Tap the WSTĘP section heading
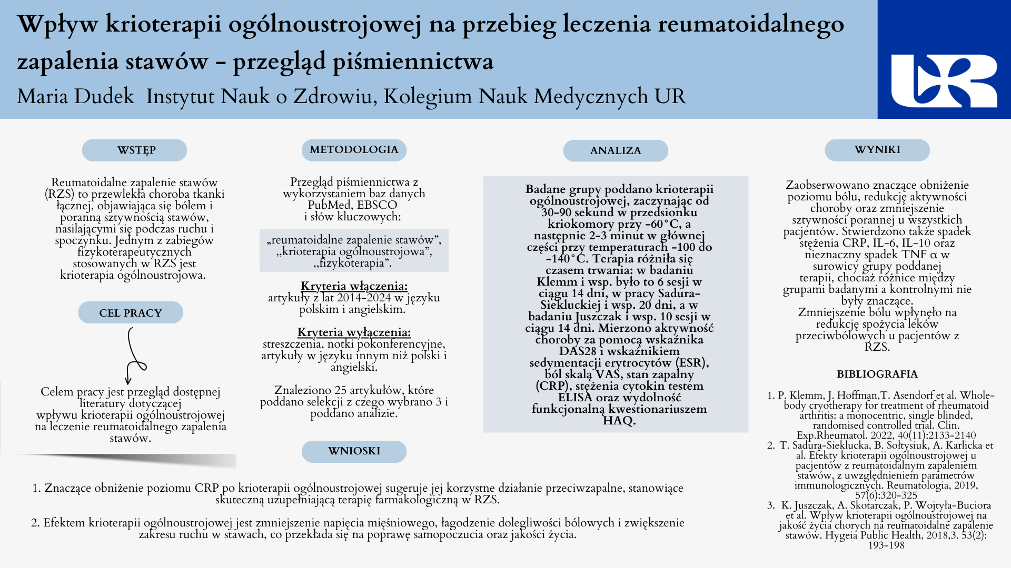[x=134, y=150]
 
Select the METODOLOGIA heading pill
[x=354, y=150]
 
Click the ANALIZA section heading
[x=616, y=151]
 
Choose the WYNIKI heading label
[x=877, y=150]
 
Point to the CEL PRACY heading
[x=131, y=313]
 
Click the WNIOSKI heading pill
[x=354, y=451]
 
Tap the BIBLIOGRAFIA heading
[x=877, y=374]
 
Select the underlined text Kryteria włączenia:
[x=354, y=286]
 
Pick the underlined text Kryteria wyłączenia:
[x=354, y=332]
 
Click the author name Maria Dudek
[x=76, y=97]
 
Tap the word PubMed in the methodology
[x=331, y=205]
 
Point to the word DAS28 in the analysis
[x=578, y=351]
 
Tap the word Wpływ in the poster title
[x=58, y=24]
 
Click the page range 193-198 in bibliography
[x=886, y=545]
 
